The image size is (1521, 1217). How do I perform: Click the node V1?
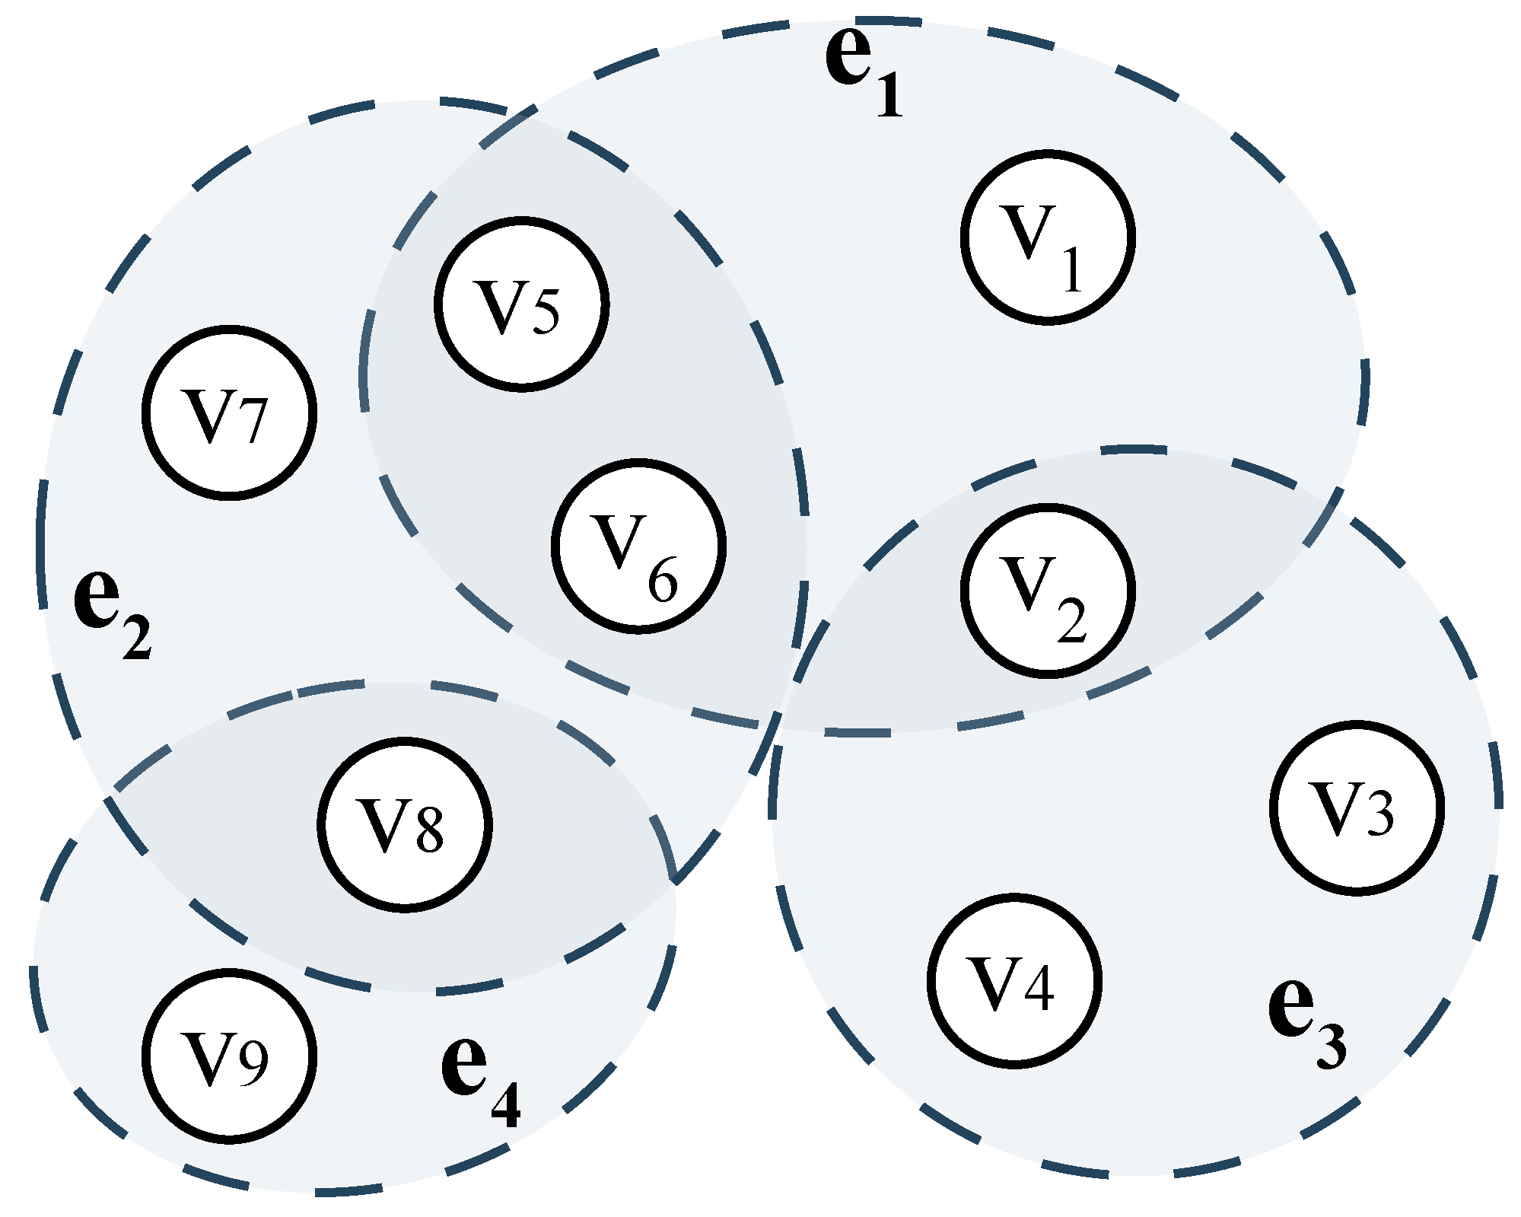click(x=1048, y=237)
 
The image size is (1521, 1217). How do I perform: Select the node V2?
click(x=1048, y=590)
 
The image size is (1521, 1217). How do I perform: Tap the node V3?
click(x=1357, y=808)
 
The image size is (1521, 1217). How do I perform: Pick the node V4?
click(x=1014, y=981)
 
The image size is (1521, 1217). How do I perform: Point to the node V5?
click(x=521, y=304)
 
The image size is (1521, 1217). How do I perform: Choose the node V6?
click(x=638, y=546)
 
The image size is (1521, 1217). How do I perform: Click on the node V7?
click(x=229, y=413)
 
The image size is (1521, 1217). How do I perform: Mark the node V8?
click(x=404, y=824)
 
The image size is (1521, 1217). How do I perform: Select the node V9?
click(x=229, y=1056)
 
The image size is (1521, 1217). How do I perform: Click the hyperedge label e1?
click(x=862, y=72)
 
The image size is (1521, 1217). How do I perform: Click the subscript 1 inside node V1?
click(x=1072, y=269)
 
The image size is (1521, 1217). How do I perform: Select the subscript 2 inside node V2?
click(x=1072, y=622)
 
